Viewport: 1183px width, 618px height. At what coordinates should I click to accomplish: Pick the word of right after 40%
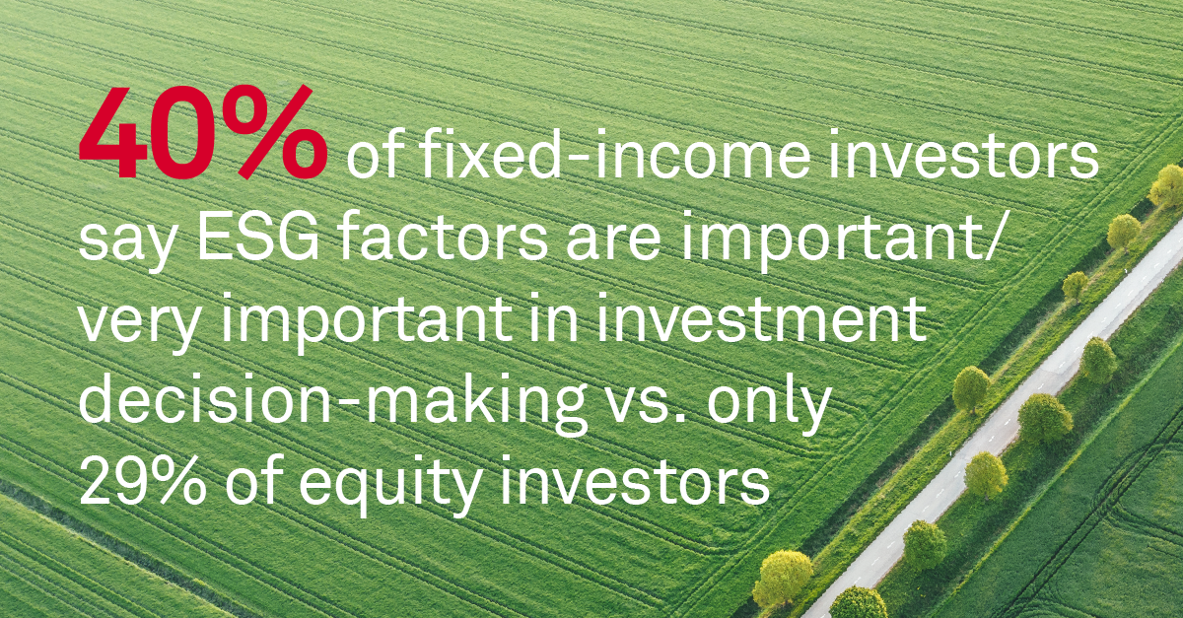pos(370,160)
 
